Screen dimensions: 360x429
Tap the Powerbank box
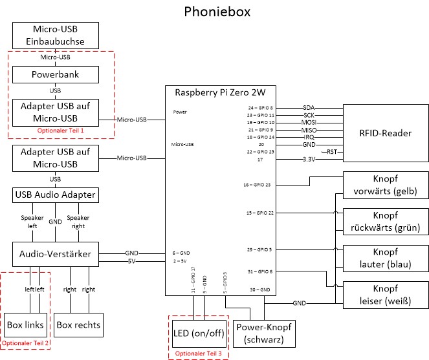click(56, 74)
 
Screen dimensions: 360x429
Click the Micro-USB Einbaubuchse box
click(56, 35)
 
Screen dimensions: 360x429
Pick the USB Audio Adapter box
click(56, 195)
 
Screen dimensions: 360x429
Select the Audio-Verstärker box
click(56, 254)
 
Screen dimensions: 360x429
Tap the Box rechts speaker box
click(79, 324)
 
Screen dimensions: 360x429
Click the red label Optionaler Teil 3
click(199, 354)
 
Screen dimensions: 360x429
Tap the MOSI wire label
click(309, 122)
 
